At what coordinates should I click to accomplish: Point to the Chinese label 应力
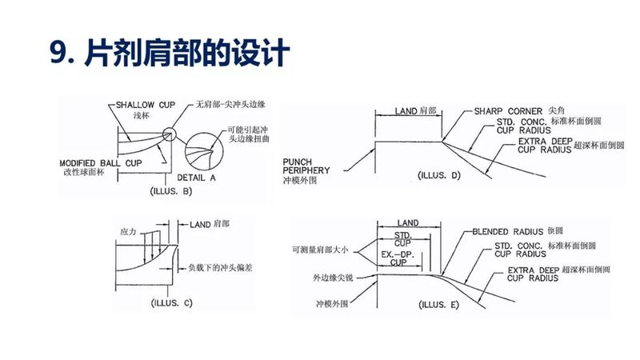130,231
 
